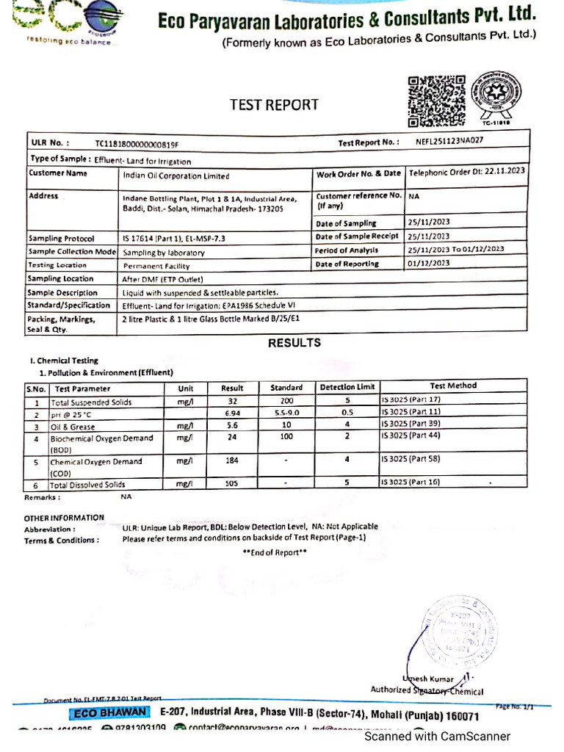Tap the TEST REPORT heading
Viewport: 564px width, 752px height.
pos(274,105)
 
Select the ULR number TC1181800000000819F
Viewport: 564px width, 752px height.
pos(137,144)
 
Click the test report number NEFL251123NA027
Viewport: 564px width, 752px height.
pos(449,140)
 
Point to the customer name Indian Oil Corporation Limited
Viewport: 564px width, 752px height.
pos(176,176)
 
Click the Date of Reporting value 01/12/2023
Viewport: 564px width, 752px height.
pos(430,263)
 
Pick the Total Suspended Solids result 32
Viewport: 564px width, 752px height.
pos(232,402)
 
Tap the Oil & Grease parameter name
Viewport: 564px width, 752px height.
pos(73,426)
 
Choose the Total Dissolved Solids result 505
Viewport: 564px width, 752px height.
pos(232,484)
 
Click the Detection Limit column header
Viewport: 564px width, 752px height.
pos(347,387)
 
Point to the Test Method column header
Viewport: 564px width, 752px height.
pos(453,386)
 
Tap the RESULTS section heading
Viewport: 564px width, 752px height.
pos(294,343)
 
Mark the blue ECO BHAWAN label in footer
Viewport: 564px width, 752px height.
pos(109,715)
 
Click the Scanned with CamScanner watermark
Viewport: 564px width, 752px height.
pos(438,736)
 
